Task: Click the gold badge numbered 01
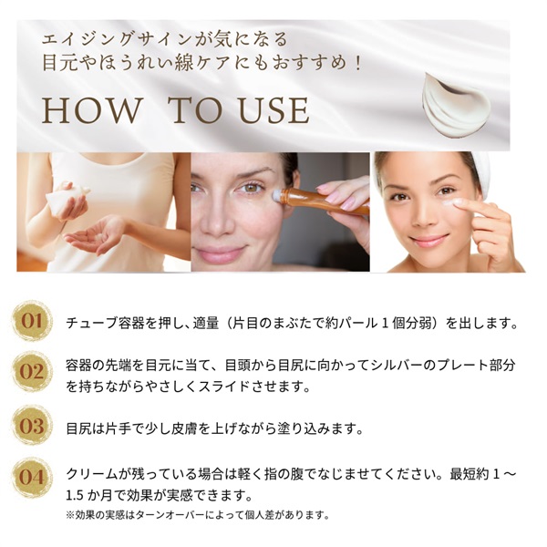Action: pyautogui.click(x=32, y=321)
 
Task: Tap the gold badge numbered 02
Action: pyautogui.click(x=32, y=372)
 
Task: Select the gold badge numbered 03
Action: pyautogui.click(x=32, y=425)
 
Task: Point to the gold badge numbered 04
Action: pyautogui.click(x=32, y=477)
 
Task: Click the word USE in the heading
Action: pyautogui.click(x=273, y=111)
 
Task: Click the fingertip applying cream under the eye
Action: pyautogui.click(x=461, y=202)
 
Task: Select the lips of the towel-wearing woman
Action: pyautogui.click(x=428, y=241)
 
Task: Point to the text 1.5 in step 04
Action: pyautogui.click(x=75, y=495)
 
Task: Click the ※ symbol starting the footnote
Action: pyautogui.click(x=70, y=515)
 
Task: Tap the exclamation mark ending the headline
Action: pyautogui.click(x=358, y=64)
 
